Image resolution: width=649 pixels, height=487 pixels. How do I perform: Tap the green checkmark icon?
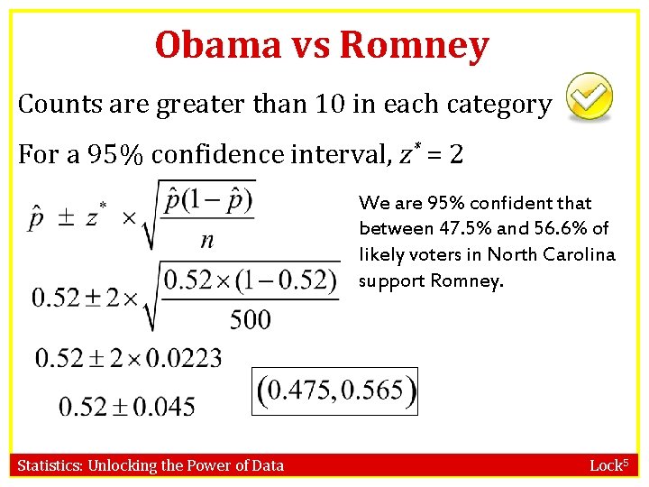pos(589,98)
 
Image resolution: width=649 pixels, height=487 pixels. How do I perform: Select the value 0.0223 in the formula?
pos(183,359)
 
